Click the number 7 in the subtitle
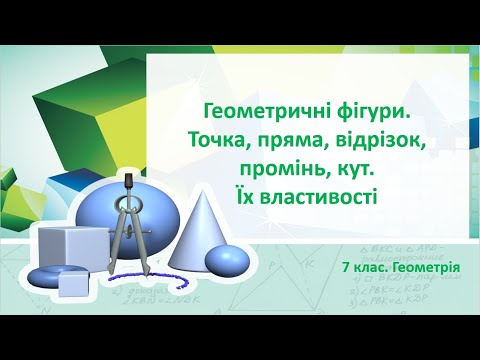tap(345, 269)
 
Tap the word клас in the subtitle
tap(370, 269)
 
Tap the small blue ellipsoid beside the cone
tap(227, 260)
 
